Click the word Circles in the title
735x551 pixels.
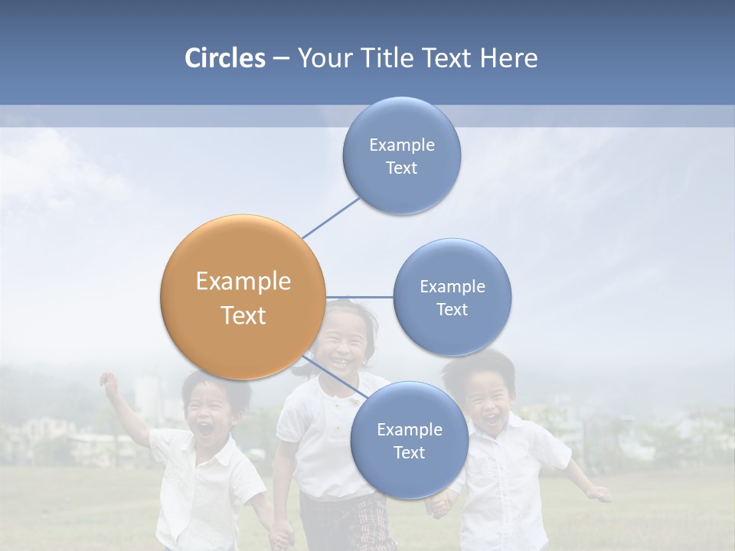(x=224, y=58)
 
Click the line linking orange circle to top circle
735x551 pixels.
(x=331, y=217)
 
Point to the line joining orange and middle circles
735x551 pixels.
(x=359, y=297)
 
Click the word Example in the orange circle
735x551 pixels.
(x=243, y=281)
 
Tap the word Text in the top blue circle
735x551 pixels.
(x=401, y=168)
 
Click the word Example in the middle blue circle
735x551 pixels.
(x=452, y=286)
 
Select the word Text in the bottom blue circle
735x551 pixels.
(x=409, y=452)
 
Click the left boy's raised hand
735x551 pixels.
(x=109, y=381)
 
